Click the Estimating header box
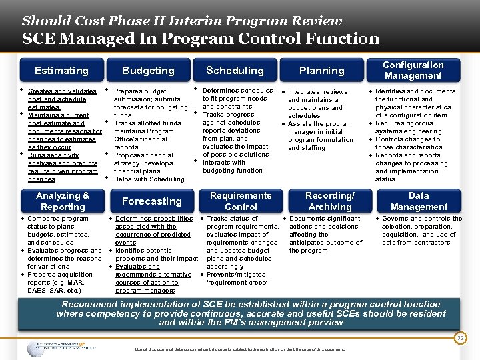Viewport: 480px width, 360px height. point(61,71)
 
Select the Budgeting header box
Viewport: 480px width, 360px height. point(148,71)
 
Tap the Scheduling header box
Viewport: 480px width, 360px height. point(235,70)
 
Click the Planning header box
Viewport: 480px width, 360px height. point(321,71)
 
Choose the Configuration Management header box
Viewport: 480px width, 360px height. point(413,70)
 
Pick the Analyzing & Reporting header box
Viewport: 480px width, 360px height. point(62,201)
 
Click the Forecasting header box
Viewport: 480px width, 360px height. point(151,201)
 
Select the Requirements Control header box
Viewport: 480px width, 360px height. point(241,201)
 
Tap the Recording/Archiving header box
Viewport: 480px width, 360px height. point(330,201)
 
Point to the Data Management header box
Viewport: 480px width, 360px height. point(419,201)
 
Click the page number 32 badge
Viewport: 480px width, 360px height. point(459,338)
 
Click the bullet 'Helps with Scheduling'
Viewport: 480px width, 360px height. point(149,179)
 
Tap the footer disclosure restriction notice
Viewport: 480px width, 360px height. point(240,349)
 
